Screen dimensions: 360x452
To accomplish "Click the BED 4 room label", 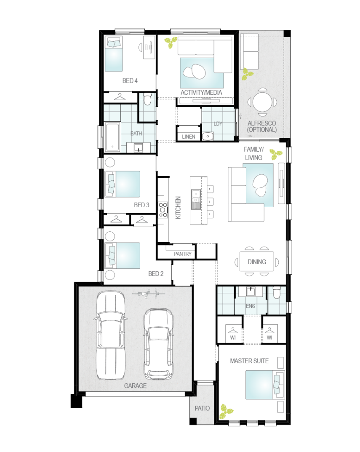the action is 130,81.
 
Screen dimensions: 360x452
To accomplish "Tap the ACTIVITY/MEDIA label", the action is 201,93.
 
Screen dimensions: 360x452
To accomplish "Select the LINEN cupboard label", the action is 189,136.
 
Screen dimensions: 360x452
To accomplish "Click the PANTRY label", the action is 182,254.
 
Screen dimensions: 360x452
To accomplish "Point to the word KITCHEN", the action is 178,208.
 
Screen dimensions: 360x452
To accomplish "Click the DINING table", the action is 257,262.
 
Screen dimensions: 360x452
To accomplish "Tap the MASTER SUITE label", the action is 249,361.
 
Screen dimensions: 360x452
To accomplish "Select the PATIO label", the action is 202,408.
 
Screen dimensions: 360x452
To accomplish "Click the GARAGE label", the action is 135,386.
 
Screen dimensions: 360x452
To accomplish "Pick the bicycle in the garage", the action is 149,294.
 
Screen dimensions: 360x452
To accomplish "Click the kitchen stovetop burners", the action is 163,209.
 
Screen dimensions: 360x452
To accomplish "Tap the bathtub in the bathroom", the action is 112,137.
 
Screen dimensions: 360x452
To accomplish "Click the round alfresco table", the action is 262,102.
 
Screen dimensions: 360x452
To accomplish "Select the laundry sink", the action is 208,136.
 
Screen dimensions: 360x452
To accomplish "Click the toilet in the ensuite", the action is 277,293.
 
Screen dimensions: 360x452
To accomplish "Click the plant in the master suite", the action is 226,412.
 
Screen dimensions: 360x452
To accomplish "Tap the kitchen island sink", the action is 196,199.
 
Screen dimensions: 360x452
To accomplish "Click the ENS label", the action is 251,306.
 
